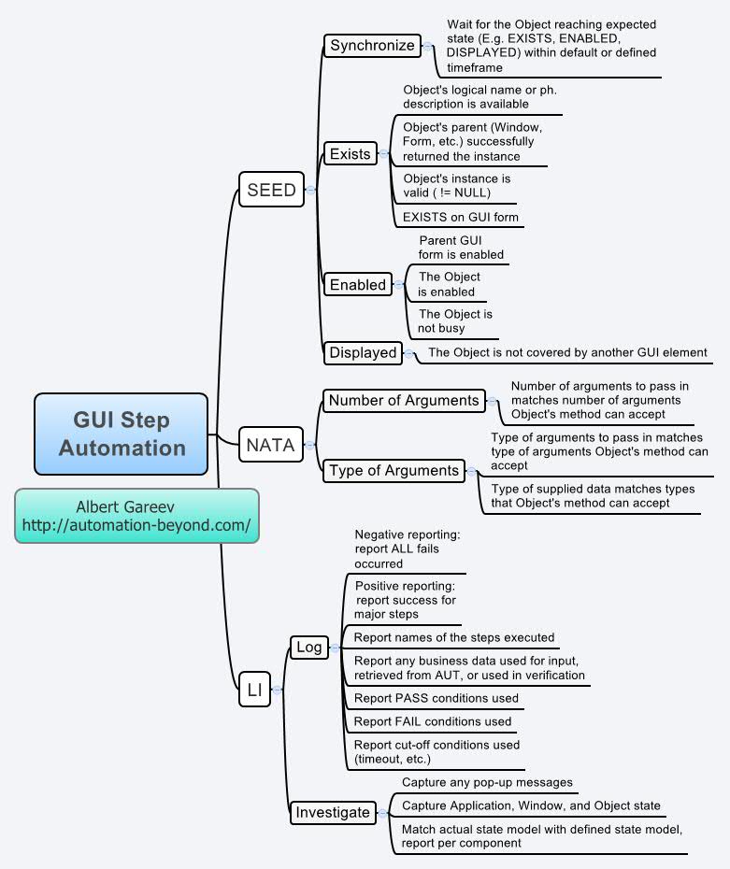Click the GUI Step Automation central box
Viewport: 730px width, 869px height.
[x=122, y=434]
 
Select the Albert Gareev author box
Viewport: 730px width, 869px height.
[x=136, y=516]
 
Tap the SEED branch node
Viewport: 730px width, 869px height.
[x=271, y=190]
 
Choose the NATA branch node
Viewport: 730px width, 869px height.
[x=270, y=446]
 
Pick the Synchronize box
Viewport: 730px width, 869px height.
[x=372, y=45]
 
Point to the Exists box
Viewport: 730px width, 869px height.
[x=351, y=154]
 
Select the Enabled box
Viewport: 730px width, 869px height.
[x=358, y=285]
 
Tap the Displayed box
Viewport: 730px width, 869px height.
[x=364, y=352]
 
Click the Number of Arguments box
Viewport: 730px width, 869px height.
[x=404, y=401]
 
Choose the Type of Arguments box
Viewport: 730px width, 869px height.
[x=394, y=471]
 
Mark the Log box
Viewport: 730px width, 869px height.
[x=308, y=647]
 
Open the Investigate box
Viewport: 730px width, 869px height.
[x=333, y=812]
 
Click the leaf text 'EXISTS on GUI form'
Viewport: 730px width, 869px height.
[x=460, y=217]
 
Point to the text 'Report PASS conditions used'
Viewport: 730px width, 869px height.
[x=437, y=697]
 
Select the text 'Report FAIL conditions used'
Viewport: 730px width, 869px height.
[x=433, y=721]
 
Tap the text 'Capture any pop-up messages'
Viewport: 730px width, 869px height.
[x=487, y=781]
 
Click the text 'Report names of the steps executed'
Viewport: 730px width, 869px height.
[x=453, y=637]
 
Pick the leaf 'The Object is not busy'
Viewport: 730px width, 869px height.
[x=455, y=321]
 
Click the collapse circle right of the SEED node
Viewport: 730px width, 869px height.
[x=310, y=190]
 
